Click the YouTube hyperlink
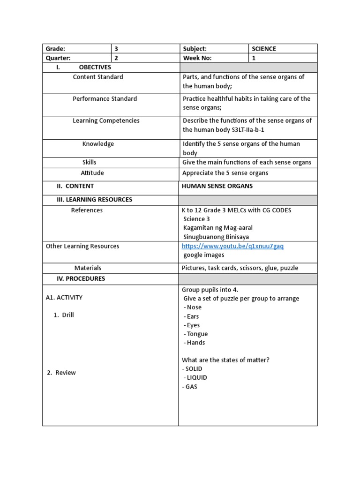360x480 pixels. [x=232, y=246]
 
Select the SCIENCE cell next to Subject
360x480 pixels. [x=264, y=49]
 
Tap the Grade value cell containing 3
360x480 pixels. [x=117, y=49]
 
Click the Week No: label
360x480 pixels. [x=197, y=58]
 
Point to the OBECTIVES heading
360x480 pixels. [x=95, y=67]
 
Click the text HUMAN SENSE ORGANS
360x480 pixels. [x=217, y=186]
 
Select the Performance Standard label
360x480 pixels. [x=105, y=99]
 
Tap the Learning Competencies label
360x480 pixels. [x=106, y=121]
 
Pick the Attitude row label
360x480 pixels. [x=92, y=173]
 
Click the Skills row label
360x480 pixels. [x=90, y=162]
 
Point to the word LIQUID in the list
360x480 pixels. [x=196, y=378]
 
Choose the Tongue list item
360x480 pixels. [x=196, y=334]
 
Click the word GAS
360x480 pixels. [x=191, y=387]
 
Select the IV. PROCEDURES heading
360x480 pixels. [x=81, y=279]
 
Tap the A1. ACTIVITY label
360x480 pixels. [x=64, y=298]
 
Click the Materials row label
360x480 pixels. [x=88, y=268]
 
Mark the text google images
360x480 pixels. [x=203, y=255]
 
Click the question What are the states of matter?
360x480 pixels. [x=225, y=360]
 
